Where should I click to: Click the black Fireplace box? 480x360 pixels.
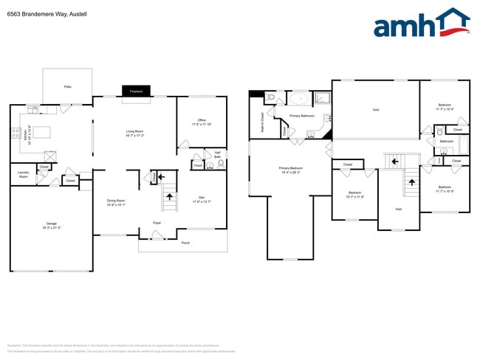pyautogui.click(x=136, y=91)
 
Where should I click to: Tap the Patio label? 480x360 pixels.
pyautogui.click(x=67, y=86)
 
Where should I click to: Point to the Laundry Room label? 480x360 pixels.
pyautogui.click(x=23, y=174)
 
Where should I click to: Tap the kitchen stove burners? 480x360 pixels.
pyautogui.click(x=15, y=134)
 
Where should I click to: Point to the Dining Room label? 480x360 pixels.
pyautogui.click(x=116, y=203)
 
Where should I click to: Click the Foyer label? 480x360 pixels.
pyautogui.click(x=157, y=222)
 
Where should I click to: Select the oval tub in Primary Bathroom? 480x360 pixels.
pyautogui.click(x=298, y=98)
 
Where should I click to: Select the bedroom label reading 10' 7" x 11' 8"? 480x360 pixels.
pyautogui.click(x=354, y=195)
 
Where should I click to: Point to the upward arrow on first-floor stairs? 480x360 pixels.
pyautogui.click(x=171, y=197)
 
